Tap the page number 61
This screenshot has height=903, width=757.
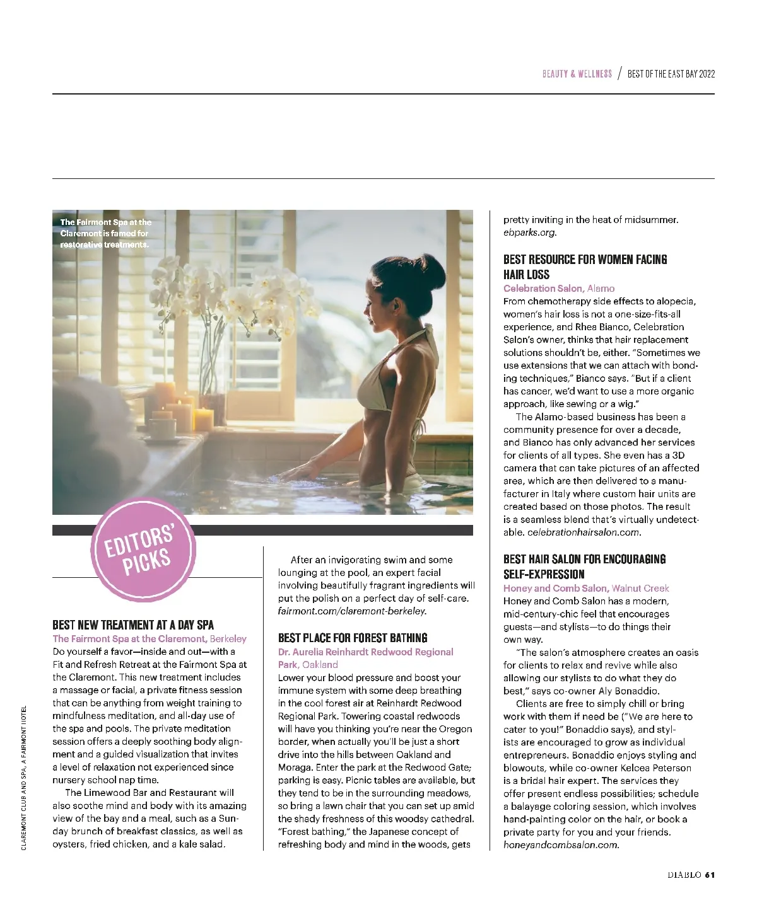coord(710,875)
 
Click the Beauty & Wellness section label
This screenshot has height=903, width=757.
coord(577,74)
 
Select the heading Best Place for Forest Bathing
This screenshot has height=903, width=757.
coord(353,638)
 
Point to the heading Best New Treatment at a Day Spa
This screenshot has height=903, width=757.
coord(133,625)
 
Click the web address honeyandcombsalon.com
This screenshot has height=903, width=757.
coord(561,845)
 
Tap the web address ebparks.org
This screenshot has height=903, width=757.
coord(530,233)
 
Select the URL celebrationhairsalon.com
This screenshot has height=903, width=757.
coord(584,532)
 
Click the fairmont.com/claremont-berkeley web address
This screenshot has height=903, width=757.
coord(352,611)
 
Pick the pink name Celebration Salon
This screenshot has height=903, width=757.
coord(543,289)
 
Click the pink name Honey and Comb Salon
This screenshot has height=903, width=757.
coord(556,589)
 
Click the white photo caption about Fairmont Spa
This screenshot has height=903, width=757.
coord(105,233)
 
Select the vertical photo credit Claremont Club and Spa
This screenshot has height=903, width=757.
coord(24,778)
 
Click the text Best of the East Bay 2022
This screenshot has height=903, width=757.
coord(671,74)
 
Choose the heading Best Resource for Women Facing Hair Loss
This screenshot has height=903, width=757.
coord(585,267)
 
